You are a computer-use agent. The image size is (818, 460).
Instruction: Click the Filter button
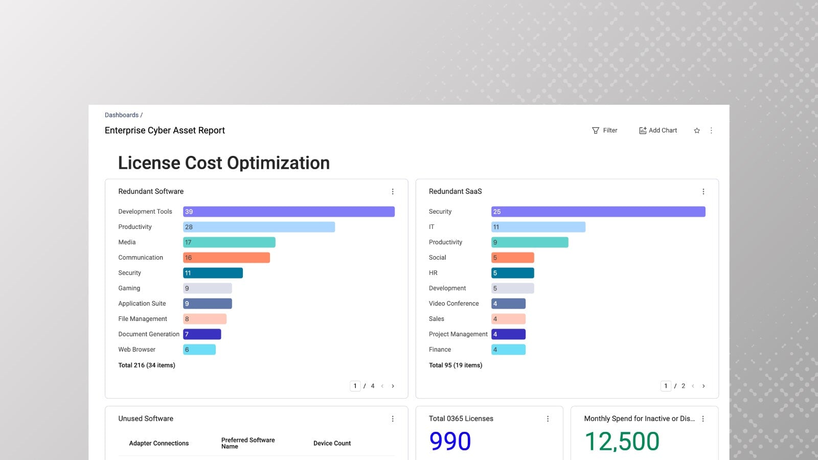pos(605,130)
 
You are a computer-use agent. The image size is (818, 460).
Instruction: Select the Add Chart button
pos(658,130)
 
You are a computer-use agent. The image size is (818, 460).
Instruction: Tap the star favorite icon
pos(697,131)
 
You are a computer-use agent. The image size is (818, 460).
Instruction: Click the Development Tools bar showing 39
pos(289,212)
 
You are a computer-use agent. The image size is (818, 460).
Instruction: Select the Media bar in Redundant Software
pos(229,242)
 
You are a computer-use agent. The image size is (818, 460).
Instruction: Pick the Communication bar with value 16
pos(226,258)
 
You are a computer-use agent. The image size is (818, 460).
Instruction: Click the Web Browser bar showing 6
pos(199,350)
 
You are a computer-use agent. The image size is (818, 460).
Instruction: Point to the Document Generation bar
pos(202,334)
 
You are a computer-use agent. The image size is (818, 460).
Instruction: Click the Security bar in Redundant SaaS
pos(598,212)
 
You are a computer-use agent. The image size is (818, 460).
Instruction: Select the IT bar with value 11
pos(538,227)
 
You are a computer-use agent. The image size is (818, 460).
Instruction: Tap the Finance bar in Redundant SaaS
pos(508,350)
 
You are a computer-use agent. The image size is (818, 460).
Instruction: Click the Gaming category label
pos(129,288)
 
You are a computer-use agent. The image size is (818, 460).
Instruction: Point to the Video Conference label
pos(454,304)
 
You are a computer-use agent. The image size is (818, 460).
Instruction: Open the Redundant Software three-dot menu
pos(393,192)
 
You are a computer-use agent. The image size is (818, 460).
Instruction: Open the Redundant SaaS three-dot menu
pos(703,192)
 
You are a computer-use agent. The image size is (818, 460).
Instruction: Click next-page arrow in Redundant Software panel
pos(393,386)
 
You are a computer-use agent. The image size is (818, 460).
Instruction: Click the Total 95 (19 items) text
pos(456,365)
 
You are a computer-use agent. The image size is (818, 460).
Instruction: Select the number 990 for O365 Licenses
pos(450,441)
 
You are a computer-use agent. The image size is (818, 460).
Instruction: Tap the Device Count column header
pos(332,443)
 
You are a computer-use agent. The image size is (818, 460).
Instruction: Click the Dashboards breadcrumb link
pos(122,115)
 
